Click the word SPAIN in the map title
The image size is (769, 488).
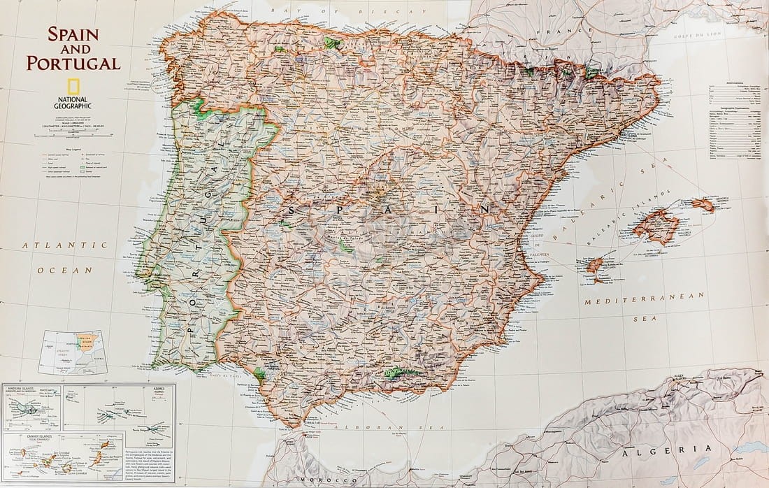click(x=73, y=34)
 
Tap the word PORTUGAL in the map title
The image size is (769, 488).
click(x=73, y=63)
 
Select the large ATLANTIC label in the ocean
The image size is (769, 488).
click(x=64, y=245)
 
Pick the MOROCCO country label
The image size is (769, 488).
click(x=319, y=480)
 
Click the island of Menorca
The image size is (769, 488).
click(x=703, y=205)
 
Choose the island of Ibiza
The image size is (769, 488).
click(x=595, y=265)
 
